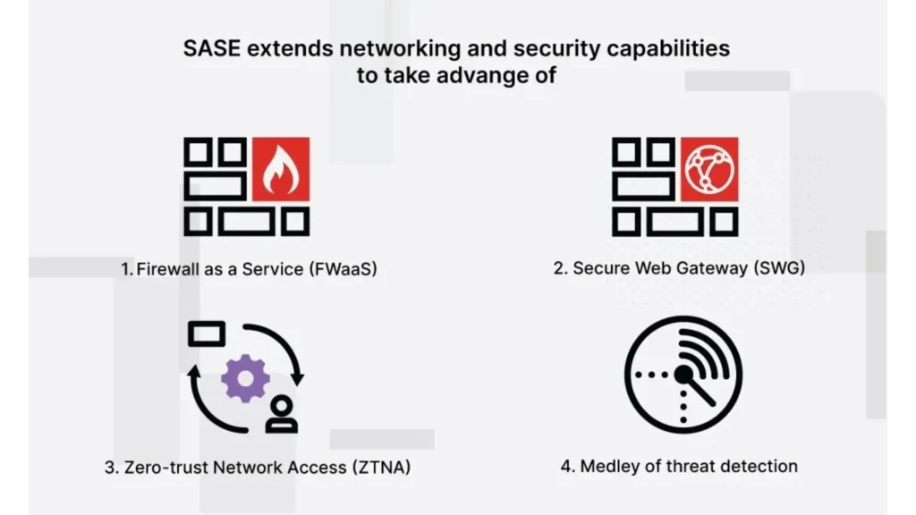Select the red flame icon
(x=280, y=170)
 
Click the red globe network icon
(x=708, y=170)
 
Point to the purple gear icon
(x=245, y=378)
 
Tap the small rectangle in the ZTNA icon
(x=207, y=334)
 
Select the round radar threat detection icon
(x=683, y=375)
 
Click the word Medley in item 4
(x=611, y=466)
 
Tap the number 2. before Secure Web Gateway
(x=561, y=268)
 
